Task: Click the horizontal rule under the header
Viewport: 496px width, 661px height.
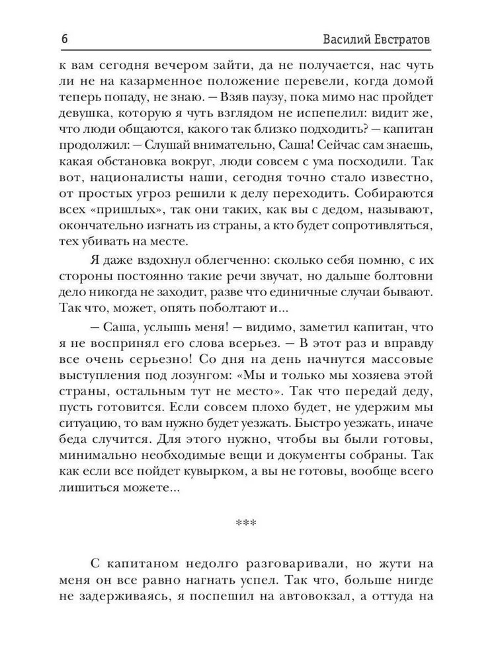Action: pos(248,50)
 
